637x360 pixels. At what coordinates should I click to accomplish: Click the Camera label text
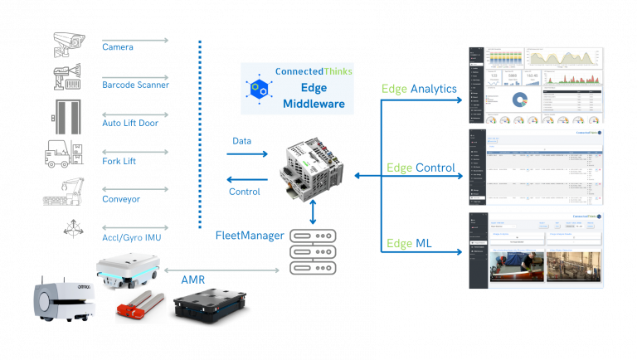(118, 47)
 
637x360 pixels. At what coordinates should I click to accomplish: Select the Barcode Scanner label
(135, 85)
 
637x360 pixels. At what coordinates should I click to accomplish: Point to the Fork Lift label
(119, 160)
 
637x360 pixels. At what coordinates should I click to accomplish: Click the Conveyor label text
(120, 199)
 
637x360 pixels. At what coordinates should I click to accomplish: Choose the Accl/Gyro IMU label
(132, 237)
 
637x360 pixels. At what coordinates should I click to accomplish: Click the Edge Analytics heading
(419, 89)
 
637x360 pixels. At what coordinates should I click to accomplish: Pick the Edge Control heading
(421, 168)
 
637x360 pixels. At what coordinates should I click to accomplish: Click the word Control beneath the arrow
(245, 192)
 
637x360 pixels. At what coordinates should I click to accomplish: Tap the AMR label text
(193, 280)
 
